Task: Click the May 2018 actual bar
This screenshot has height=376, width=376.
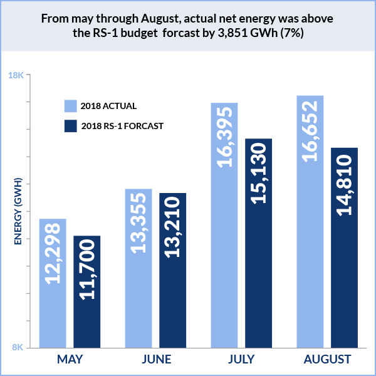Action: point(53,283)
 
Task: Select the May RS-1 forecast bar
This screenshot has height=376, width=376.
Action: point(87,291)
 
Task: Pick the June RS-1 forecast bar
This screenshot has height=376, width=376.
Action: point(173,269)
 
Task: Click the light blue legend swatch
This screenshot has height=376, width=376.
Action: point(71,105)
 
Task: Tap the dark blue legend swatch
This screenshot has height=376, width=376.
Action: point(71,126)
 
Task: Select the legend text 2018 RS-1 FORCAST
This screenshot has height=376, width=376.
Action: point(122,126)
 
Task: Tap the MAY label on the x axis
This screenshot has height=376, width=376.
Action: point(70,360)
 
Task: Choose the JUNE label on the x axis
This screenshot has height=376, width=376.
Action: point(155,360)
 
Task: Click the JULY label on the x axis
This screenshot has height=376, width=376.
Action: point(241,360)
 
